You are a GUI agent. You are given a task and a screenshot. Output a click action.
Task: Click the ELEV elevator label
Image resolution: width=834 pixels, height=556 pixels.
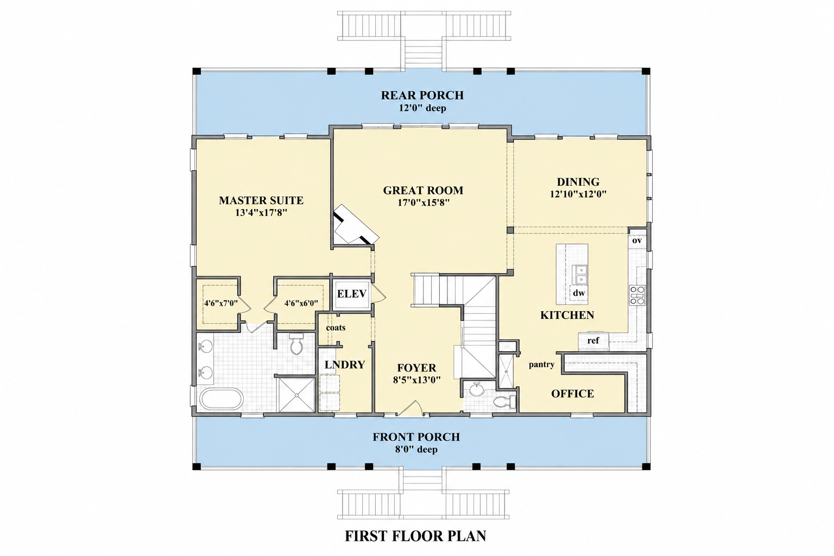pyautogui.click(x=352, y=294)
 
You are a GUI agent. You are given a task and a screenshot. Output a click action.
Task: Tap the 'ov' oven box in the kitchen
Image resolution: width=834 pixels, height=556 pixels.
pyautogui.click(x=637, y=240)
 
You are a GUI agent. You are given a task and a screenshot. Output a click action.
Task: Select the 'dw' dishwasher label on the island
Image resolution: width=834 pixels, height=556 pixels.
pyautogui.click(x=579, y=293)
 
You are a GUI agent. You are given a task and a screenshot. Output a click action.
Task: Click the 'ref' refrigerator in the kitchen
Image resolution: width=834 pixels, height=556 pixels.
pyautogui.click(x=593, y=340)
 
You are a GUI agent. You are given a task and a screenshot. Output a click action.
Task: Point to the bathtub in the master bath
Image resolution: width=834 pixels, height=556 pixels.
pyautogui.click(x=222, y=399)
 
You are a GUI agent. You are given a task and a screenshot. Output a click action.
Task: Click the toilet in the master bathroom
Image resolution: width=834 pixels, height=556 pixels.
pyautogui.click(x=297, y=344)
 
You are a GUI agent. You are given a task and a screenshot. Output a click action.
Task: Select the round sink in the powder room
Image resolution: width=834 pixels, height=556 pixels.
pyautogui.click(x=476, y=390)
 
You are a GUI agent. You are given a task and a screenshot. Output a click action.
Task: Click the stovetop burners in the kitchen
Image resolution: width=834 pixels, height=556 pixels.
pyautogui.click(x=637, y=295)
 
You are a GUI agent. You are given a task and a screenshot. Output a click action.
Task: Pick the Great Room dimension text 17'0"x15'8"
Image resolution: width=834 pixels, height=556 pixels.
pyautogui.click(x=423, y=203)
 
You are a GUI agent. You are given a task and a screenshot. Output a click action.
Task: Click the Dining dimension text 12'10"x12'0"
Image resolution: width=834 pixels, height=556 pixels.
pyautogui.click(x=578, y=194)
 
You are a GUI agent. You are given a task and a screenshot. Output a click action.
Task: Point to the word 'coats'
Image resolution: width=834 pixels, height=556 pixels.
pyautogui.click(x=336, y=328)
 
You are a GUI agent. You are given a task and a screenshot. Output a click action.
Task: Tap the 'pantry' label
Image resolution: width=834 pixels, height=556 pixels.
pyautogui.click(x=541, y=364)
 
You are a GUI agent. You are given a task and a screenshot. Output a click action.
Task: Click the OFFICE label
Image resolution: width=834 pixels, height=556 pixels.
pyautogui.click(x=572, y=394)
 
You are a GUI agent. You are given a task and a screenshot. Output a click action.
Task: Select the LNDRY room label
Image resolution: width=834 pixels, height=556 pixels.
pyautogui.click(x=345, y=364)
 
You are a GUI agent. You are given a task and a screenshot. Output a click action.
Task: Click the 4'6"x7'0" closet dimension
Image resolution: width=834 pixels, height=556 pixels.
pyautogui.click(x=221, y=303)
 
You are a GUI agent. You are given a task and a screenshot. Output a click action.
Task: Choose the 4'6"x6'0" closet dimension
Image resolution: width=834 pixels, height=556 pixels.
pyautogui.click(x=301, y=303)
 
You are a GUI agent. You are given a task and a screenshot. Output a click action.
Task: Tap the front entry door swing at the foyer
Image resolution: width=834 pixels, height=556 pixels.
pyautogui.click(x=409, y=408)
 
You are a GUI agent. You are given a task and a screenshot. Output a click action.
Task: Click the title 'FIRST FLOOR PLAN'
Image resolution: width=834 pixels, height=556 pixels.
pyautogui.click(x=415, y=536)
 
